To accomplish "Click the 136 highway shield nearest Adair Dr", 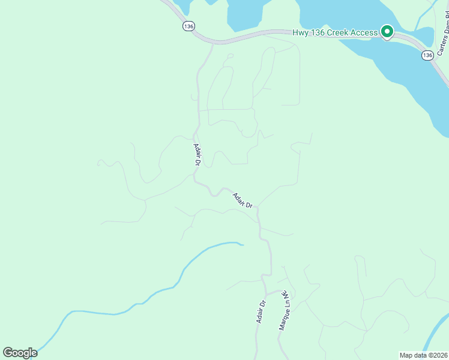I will tap(189, 26).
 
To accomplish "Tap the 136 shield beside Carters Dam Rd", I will tap(427, 55).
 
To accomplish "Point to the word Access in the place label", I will tap(362, 32).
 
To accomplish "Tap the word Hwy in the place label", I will tap(300, 32).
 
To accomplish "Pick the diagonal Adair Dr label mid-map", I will tap(243, 199).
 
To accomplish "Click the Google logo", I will tap(20, 352).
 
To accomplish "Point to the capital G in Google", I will tap(8, 352).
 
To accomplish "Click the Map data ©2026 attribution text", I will tap(423, 355).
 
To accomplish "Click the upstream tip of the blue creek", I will tap(242, 244).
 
